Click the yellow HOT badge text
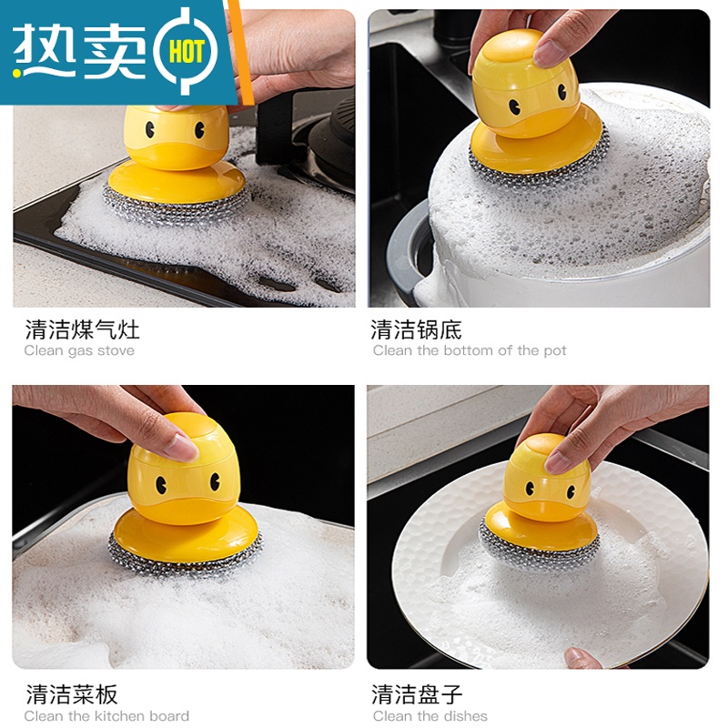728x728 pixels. (x=187, y=52)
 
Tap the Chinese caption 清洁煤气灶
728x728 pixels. (x=82, y=329)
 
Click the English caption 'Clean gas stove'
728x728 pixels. (x=79, y=350)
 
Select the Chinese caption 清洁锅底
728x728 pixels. (x=416, y=329)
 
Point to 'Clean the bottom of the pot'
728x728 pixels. (x=470, y=350)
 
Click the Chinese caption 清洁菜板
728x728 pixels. (x=72, y=694)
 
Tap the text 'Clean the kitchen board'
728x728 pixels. (x=106, y=716)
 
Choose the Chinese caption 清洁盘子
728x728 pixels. (x=417, y=694)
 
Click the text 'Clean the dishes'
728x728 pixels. (x=430, y=716)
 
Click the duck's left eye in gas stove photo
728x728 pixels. (x=150, y=130)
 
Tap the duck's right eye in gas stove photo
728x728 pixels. (x=199, y=130)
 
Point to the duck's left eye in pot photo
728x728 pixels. (x=514, y=107)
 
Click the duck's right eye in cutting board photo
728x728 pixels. (x=215, y=482)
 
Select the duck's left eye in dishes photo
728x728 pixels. (x=530, y=488)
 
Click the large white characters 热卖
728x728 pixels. (x=79, y=50)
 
